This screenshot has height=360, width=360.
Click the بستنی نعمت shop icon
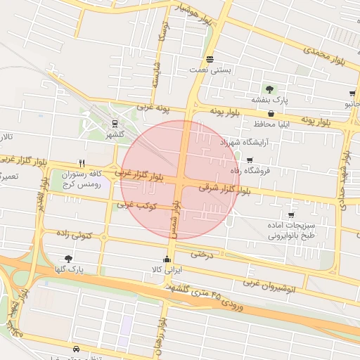(x=210, y=58)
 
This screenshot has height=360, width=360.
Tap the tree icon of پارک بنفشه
(x=269, y=89)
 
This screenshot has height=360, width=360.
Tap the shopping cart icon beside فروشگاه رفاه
(x=250, y=160)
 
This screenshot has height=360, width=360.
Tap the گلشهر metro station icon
(x=115, y=124)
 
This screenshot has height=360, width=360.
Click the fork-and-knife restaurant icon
(x=83, y=163)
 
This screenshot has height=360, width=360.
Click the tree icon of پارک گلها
(x=68, y=259)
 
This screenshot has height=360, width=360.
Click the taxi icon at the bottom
(x=75, y=348)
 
